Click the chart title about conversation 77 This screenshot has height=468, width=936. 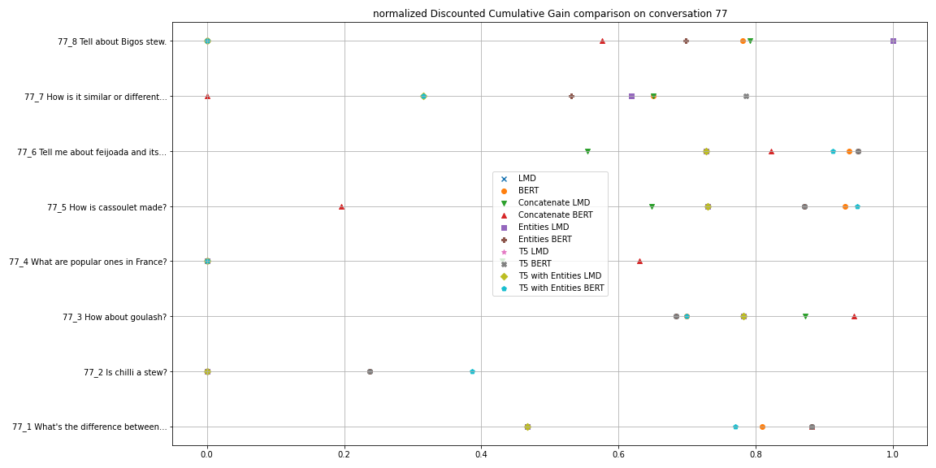(x=550, y=14)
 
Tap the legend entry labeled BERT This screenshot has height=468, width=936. (x=528, y=191)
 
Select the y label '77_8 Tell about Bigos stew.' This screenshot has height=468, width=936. (x=112, y=41)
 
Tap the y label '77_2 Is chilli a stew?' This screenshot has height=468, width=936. (x=125, y=372)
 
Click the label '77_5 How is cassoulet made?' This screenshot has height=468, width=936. (x=106, y=207)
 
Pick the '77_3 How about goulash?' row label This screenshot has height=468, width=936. (x=115, y=317)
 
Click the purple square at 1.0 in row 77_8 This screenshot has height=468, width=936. (x=893, y=41)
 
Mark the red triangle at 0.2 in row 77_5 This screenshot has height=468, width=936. (x=341, y=206)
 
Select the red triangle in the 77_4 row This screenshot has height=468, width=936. (x=639, y=261)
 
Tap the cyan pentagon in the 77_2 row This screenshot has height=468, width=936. (x=472, y=371)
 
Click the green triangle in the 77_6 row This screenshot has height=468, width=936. (x=587, y=151)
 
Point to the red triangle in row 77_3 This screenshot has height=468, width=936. (x=854, y=316)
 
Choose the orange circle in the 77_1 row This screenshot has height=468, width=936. (x=762, y=427)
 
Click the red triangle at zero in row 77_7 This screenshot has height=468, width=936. (x=207, y=96)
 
